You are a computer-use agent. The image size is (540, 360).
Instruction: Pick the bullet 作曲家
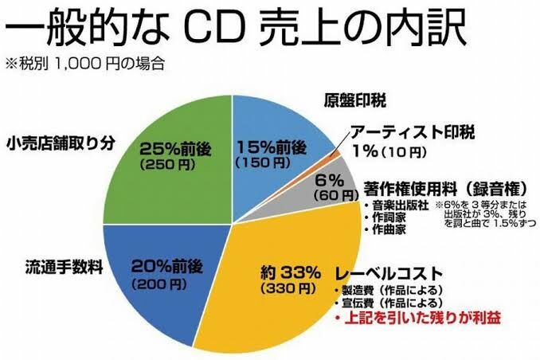pos(390,229)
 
